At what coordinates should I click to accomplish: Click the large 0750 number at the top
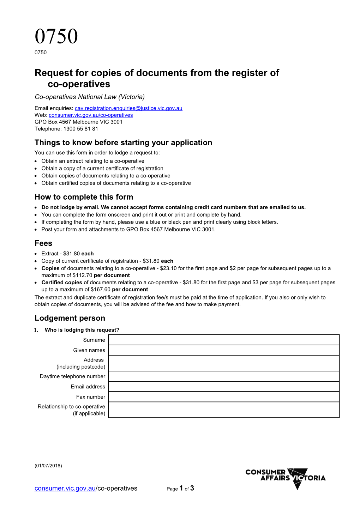pos(56,36)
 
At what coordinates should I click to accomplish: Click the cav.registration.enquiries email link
pos(128,108)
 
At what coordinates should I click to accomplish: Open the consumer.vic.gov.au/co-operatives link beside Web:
pos(91,115)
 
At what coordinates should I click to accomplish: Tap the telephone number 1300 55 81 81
pos(80,129)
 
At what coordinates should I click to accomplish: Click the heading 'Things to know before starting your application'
pos(123,143)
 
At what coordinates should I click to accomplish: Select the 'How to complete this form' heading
pos(84,197)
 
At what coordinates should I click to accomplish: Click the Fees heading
pos(43,243)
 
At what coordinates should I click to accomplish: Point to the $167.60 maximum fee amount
pos(100,290)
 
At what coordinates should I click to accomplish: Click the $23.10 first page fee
pos(168,268)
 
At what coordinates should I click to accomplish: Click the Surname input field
pos(223,340)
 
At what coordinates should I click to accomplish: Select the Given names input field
pos(223,350)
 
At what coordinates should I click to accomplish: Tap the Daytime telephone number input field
pos(223,376)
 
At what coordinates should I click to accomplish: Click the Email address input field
pos(223,387)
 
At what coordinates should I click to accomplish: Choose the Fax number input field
pos(223,397)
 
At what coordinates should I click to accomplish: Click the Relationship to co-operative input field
pos(223,410)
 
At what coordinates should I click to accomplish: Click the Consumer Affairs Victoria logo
pos(286,478)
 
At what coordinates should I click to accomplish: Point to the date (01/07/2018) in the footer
pos(48,466)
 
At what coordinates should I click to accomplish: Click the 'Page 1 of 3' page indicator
pos(180,489)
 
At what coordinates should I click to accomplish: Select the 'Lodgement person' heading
pos(70,318)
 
